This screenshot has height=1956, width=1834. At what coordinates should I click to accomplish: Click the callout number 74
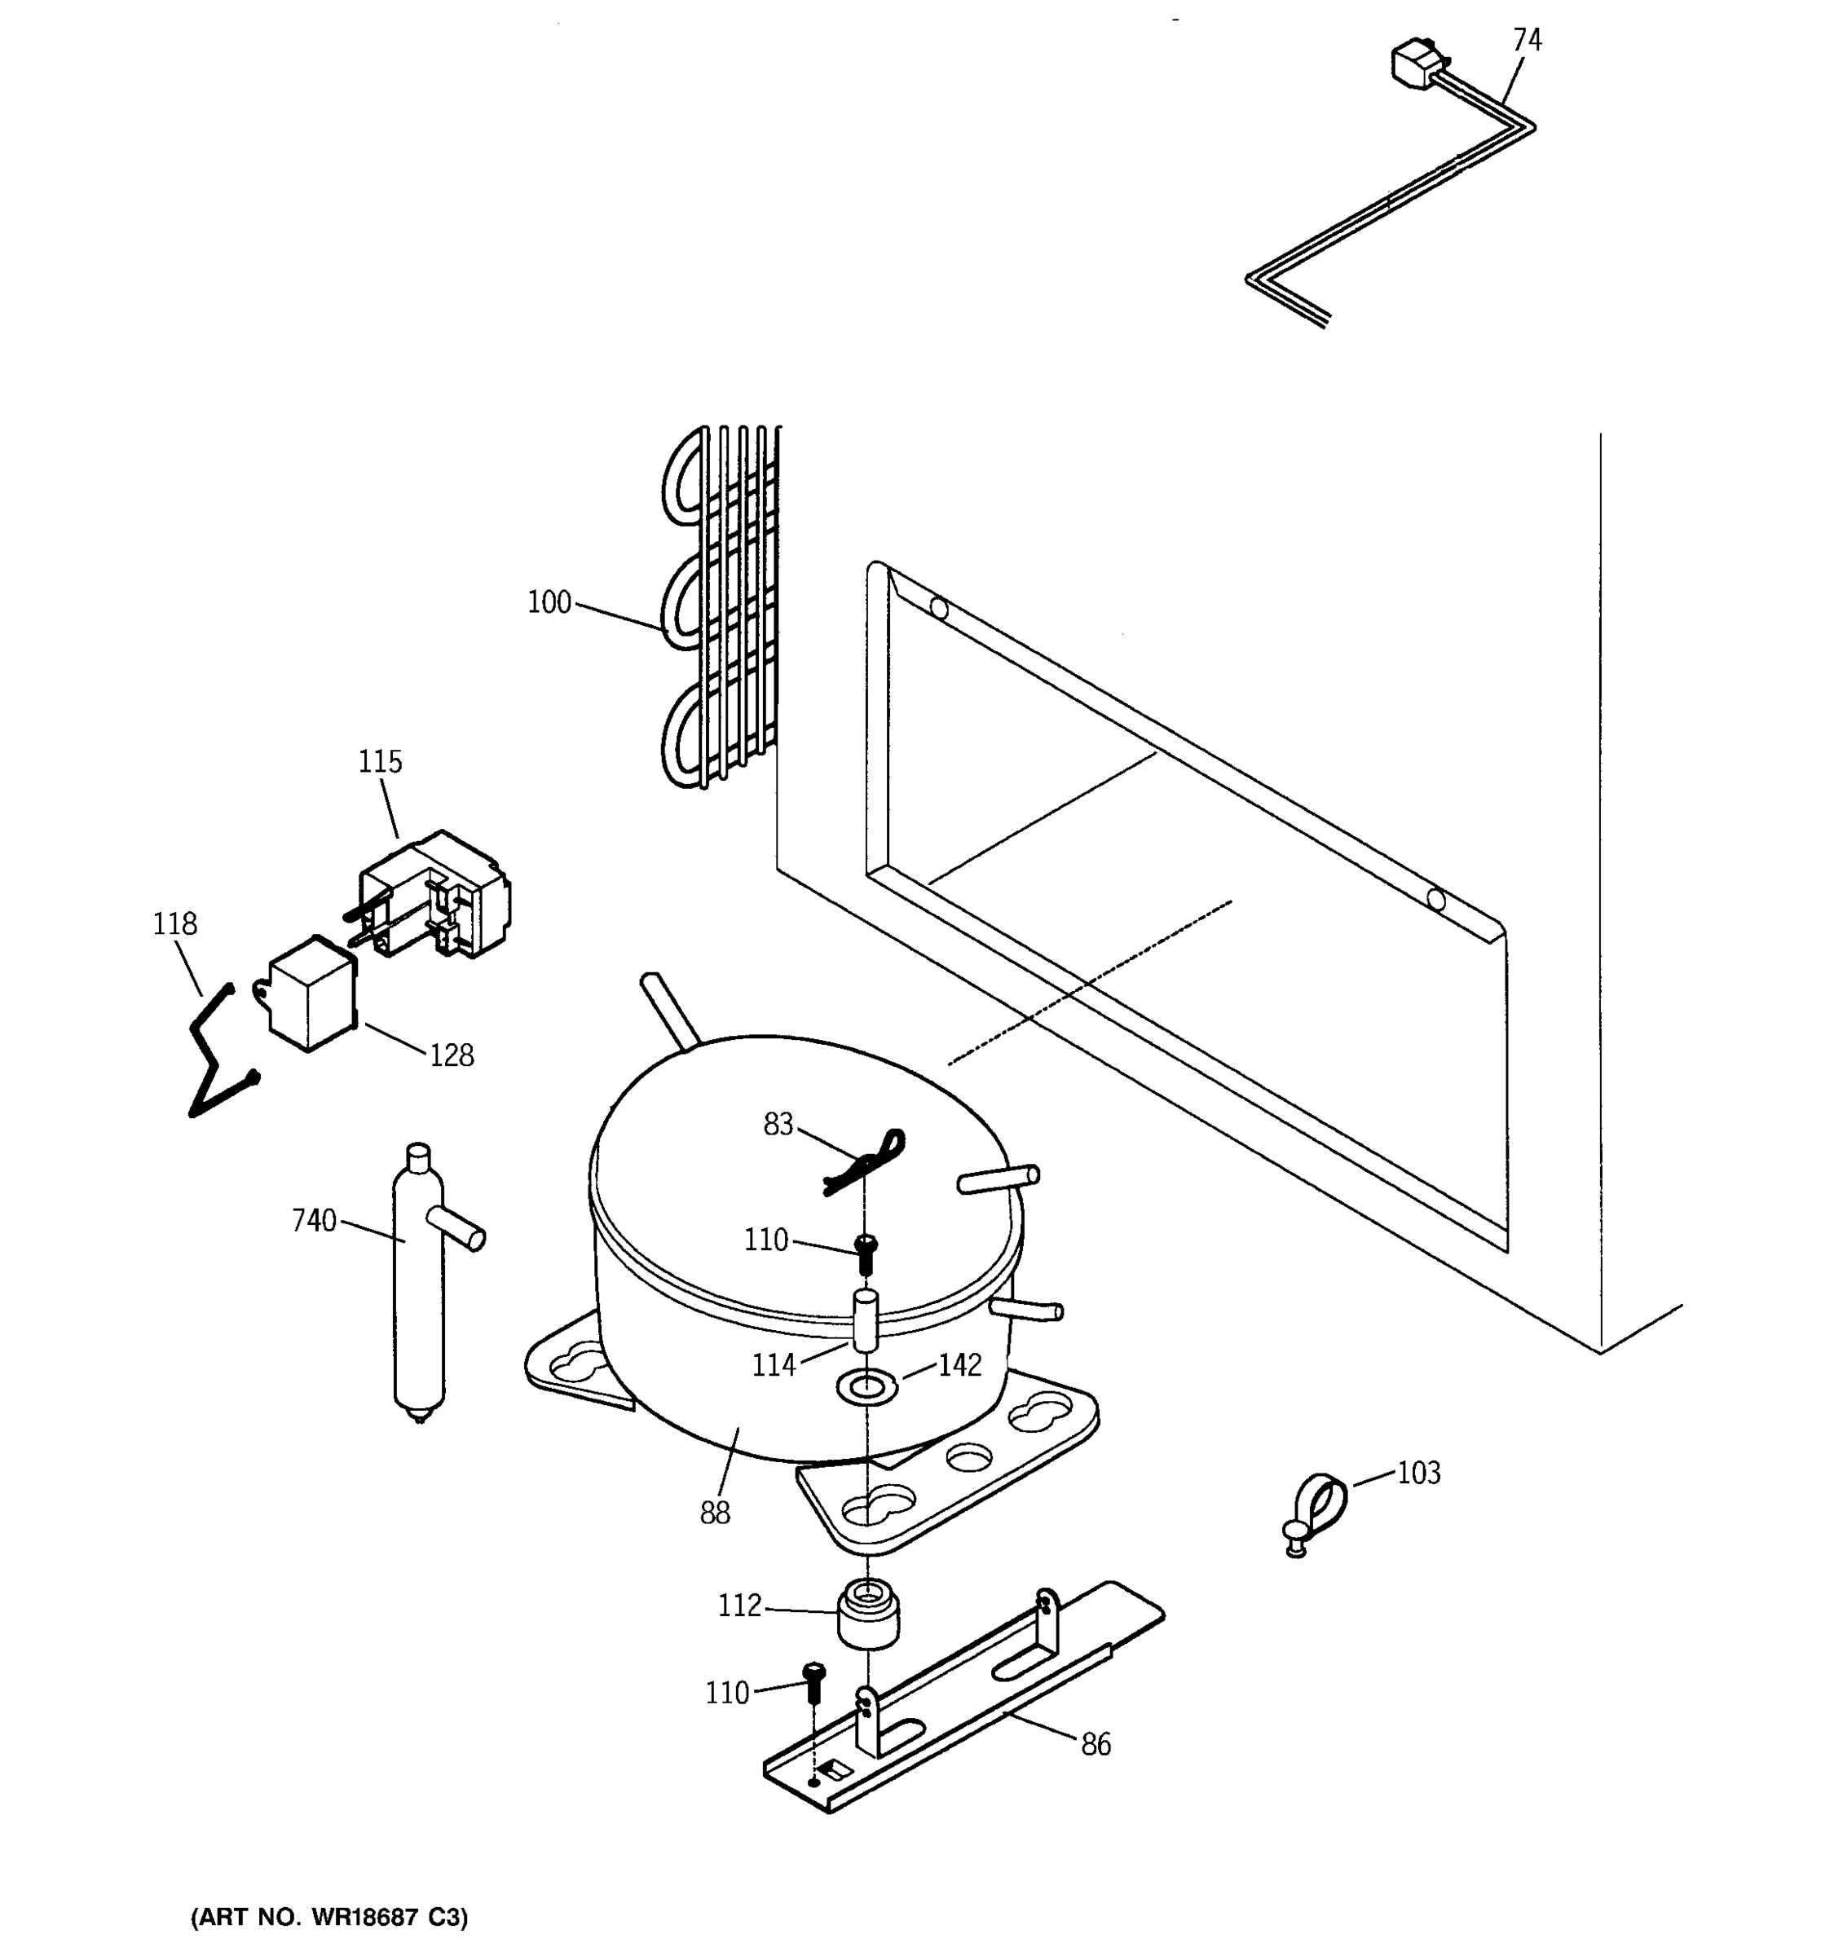(x=1527, y=40)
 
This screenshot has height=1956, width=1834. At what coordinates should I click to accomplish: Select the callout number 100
(x=549, y=602)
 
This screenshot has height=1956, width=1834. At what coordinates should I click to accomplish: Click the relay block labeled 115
(x=438, y=896)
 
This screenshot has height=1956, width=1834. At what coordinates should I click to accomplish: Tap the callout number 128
(x=452, y=1055)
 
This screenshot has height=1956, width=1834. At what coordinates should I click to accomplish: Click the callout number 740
(x=314, y=1221)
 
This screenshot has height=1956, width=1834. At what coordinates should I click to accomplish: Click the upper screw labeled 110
(x=866, y=1253)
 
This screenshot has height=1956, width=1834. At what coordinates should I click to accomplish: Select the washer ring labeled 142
(x=866, y=1387)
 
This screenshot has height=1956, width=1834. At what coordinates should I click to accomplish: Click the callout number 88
(x=716, y=1513)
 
